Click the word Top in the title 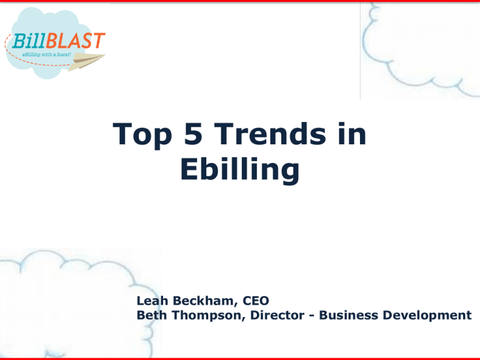click(x=142, y=135)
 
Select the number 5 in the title click(x=193, y=133)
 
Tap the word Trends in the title click(x=270, y=133)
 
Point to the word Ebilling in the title click(x=240, y=170)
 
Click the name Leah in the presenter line click(x=152, y=301)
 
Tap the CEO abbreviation click(x=256, y=301)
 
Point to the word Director click(x=277, y=315)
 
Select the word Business click(x=348, y=315)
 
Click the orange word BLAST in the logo click(x=76, y=41)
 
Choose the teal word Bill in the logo click(x=29, y=41)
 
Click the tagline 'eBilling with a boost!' click(x=46, y=54)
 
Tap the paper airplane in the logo click(x=87, y=61)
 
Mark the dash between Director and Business click(x=312, y=316)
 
